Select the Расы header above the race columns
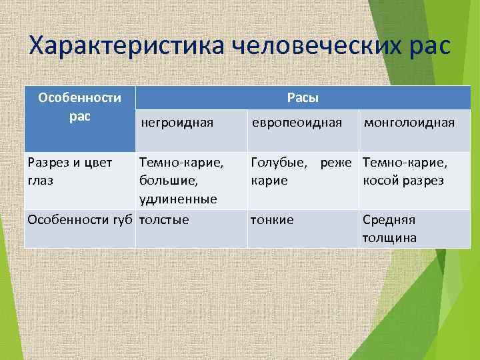pyautogui.click(x=303, y=98)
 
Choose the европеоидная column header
pyautogui.click(x=296, y=122)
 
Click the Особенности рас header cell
pyautogui.click(x=79, y=107)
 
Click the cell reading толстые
pyautogui.click(x=164, y=220)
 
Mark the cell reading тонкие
pyautogui.click(x=271, y=220)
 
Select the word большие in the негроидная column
pyautogui.click(x=168, y=181)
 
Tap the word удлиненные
pyautogui.click(x=178, y=199)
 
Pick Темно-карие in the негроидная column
pyautogui.click(x=181, y=161)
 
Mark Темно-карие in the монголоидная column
pyautogui.click(x=405, y=161)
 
